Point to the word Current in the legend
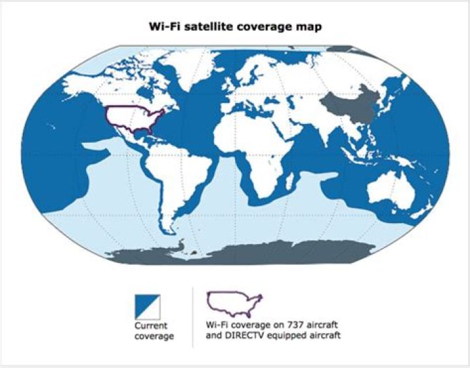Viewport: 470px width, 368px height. (x=151, y=325)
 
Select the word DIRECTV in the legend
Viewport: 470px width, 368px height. (x=245, y=337)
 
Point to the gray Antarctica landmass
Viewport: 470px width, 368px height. (x=261, y=251)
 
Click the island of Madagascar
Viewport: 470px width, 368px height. (x=289, y=185)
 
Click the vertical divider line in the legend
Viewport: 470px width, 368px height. (x=193, y=316)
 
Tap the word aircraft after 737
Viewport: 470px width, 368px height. (x=311, y=326)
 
